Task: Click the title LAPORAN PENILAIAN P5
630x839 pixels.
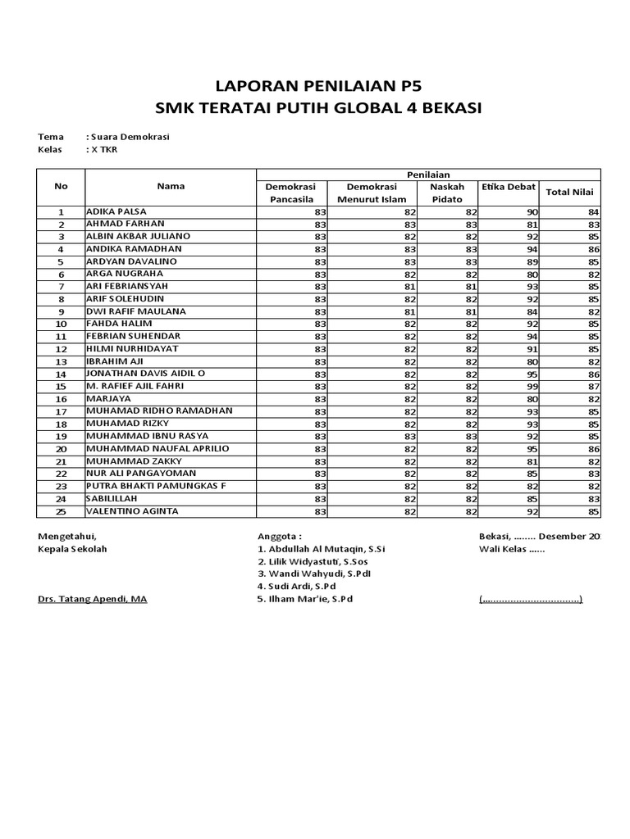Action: point(315,87)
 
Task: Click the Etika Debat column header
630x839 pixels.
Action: point(508,187)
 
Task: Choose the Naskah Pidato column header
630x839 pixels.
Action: point(447,193)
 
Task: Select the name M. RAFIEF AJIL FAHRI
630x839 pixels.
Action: point(135,386)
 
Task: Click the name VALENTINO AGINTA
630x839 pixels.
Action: point(132,511)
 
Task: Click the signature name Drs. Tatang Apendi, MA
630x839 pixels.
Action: point(93,599)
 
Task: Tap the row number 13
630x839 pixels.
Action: point(61,361)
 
